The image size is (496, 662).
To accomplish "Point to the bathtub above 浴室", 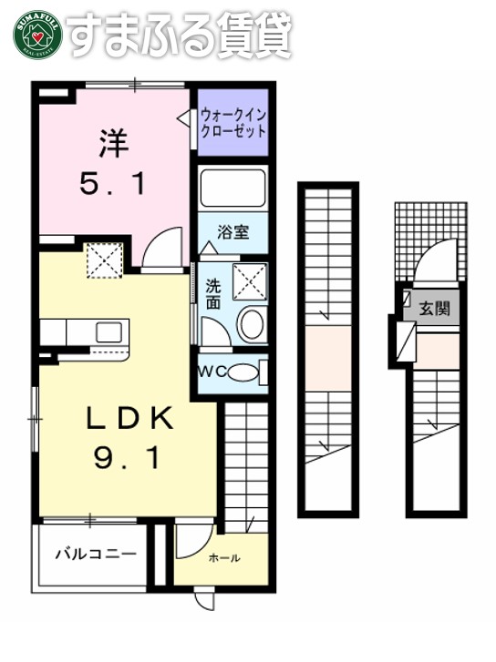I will coord(232,188).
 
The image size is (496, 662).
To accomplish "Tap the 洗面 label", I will coord(212,291).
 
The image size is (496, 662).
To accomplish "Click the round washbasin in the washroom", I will coord(250,324).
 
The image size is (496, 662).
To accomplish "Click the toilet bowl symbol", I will coord(242,372).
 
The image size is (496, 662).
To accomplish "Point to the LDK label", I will coord(129,419).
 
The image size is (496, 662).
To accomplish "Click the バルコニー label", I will coord(95,553).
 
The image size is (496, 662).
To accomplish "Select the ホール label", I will coord(224,558).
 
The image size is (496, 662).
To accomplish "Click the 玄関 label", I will coord(434,308).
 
